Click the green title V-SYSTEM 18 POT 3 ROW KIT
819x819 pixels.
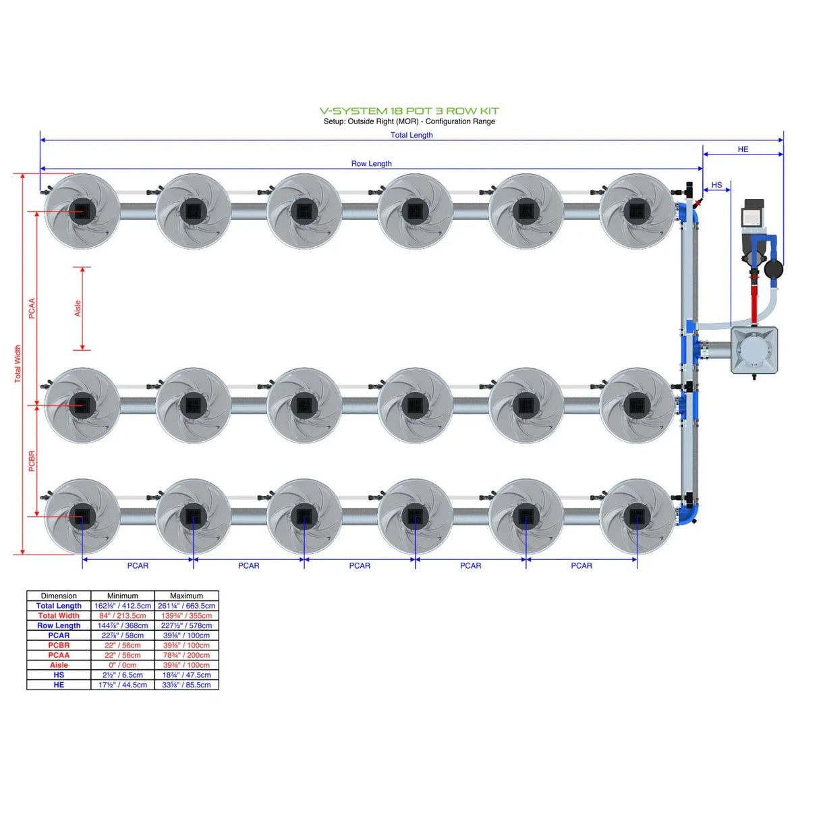pos(409,111)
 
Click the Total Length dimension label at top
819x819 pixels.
pos(412,135)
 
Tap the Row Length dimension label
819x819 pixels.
pos(371,163)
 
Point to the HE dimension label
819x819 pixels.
pos(743,149)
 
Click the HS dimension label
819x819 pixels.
pos(716,185)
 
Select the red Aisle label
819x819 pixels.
pos(78,308)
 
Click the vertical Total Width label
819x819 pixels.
pos(18,364)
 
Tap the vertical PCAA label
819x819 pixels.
pos(32,308)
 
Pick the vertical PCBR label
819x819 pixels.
pos(32,461)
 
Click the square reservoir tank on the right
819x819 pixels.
pos(754,350)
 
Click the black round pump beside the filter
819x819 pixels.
pos(773,269)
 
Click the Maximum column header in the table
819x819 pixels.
pos(186,596)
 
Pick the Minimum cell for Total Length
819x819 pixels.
pos(123,606)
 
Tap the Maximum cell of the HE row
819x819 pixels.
pos(186,685)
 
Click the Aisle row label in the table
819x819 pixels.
pos(59,665)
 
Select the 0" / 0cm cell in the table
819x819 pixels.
pos(123,665)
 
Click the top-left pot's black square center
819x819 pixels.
pos(82,211)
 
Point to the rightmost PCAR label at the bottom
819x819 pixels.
pos(581,565)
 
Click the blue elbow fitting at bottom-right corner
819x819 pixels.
pos(689,515)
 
